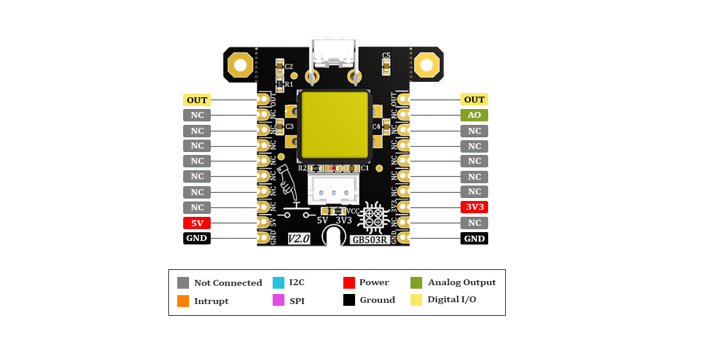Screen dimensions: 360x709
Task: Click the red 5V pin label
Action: pyautogui.click(x=197, y=223)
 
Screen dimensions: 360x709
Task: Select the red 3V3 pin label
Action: pyautogui.click(x=474, y=207)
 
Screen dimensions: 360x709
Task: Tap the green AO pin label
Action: pyautogui.click(x=474, y=115)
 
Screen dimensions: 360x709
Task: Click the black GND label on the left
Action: pyautogui.click(x=197, y=238)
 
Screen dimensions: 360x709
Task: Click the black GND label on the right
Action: pyautogui.click(x=474, y=238)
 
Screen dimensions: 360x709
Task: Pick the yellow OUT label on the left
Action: pyautogui.click(x=197, y=100)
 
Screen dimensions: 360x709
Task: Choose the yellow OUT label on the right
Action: pyautogui.click(x=474, y=100)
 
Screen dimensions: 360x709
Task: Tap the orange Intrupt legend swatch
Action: pyautogui.click(x=183, y=300)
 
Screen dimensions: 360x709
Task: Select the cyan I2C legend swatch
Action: pyautogui.click(x=279, y=282)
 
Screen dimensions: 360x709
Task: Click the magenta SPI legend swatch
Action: pyautogui.click(x=279, y=300)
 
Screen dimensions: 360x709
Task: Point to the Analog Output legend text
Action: pyautogui.click(x=462, y=282)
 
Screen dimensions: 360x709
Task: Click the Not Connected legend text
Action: pyautogui.click(x=228, y=283)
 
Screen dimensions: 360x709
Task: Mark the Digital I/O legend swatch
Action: pyautogui.click(x=416, y=300)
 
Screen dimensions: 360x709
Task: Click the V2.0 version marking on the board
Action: pyautogui.click(x=299, y=238)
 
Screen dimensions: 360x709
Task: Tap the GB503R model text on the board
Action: pyautogui.click(x=369, y=239)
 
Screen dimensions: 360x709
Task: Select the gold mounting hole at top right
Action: pyautogui.click(x=426, y=64)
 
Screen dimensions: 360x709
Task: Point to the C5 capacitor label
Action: pyautogui.click(x=386, y=55)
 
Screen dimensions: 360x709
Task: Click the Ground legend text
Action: pyautogui.click(x=377, y=300)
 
